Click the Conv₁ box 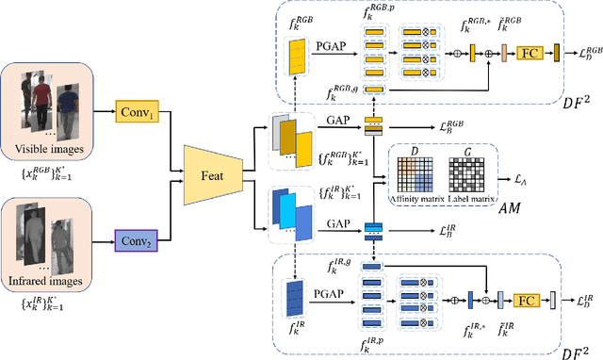[138, 114]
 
